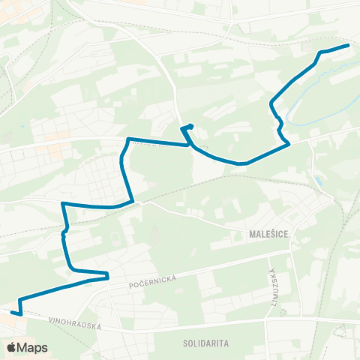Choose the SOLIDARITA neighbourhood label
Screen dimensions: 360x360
point(205,342)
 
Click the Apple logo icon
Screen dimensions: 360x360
point(12,347)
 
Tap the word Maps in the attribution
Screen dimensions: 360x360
point(32,347)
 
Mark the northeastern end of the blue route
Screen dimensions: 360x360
point(348,46)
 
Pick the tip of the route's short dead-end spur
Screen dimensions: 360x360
point(192,125)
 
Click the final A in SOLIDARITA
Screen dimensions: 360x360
point(226,342)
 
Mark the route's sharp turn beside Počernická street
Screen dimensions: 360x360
point(108,274)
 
